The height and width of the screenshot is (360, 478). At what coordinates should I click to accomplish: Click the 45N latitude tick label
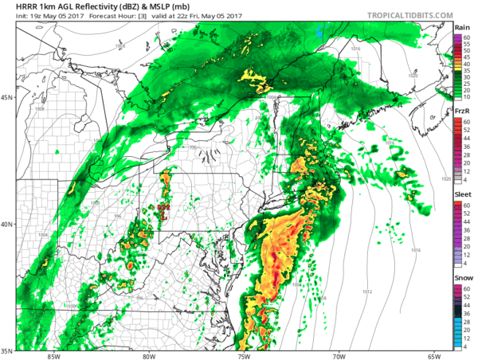[x=7, y=98]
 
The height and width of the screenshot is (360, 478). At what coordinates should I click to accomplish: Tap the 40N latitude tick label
[x=7, y=224]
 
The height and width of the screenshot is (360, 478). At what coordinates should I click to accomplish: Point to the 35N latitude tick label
[x=7, y=350]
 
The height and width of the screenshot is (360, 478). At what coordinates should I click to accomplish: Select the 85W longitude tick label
[x=53, y=356]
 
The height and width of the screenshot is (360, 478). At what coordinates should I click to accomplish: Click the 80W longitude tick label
[x=149, y=356]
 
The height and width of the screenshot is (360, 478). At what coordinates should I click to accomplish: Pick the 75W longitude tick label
[x=244, y=356]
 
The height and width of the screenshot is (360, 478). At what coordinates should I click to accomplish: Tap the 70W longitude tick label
[x=339, y=356]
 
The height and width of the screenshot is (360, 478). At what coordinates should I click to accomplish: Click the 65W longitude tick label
[x=433, y=356]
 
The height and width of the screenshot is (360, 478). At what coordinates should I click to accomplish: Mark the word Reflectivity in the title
[x=103, y=8]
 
